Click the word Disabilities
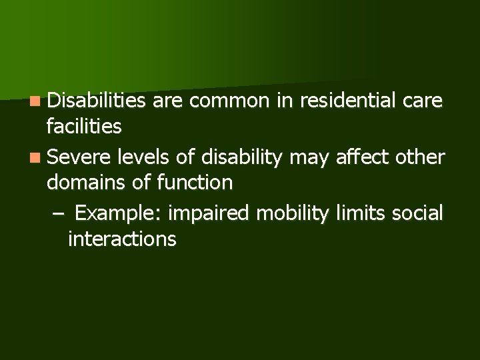(97, 101)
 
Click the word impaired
(209, 214)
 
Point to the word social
(417, 213)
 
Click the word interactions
(122, 239)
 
